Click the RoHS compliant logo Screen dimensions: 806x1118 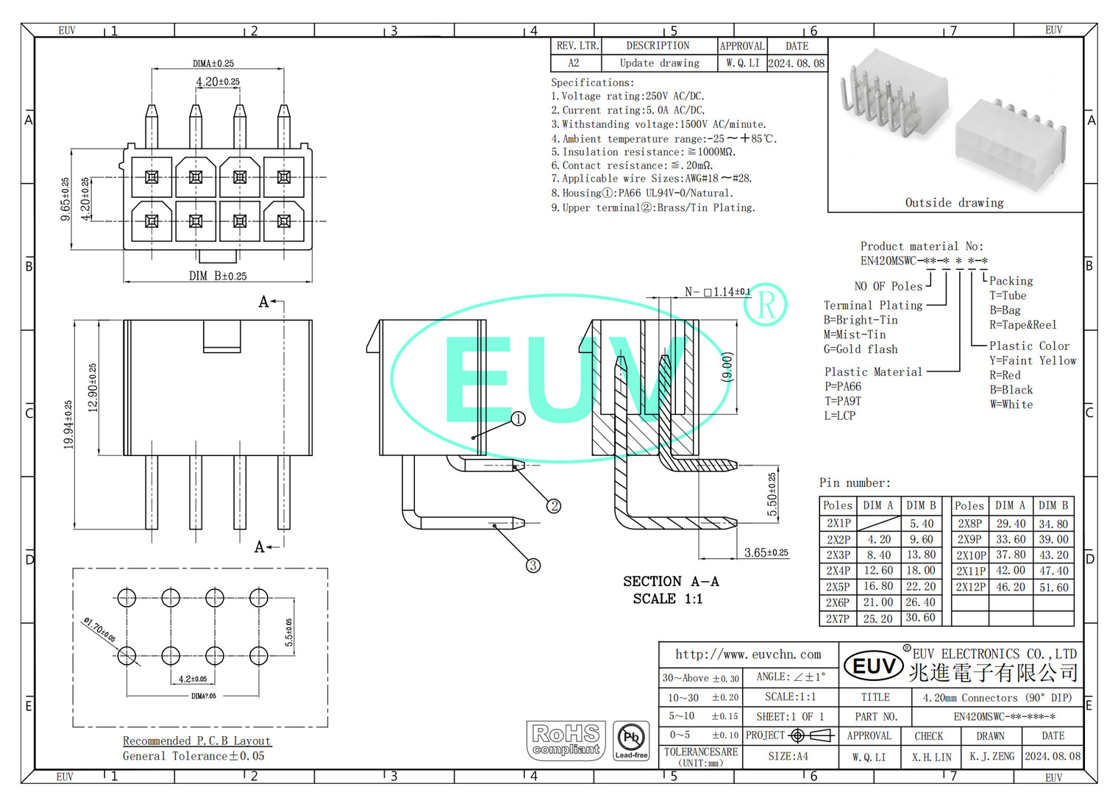(566, 740)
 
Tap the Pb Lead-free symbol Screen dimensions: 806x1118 (631, 741)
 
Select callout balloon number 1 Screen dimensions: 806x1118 (518, 418)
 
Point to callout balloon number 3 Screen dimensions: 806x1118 (533, 565)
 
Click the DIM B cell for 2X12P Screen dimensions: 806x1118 (1053, 587)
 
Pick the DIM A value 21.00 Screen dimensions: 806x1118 (878, 602)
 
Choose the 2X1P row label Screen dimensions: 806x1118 (838, 524)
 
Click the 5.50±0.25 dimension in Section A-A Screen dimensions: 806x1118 (772, 494)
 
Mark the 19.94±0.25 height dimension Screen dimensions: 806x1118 (68, 424)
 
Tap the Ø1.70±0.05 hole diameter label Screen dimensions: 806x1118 (99, 630)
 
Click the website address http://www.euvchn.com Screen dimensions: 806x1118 (748, 655)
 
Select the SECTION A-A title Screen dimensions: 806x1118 (671, 582)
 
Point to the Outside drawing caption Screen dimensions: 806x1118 (954, 203)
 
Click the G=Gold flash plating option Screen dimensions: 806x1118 (861, 349)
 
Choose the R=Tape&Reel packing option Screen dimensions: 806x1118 (1022, 325)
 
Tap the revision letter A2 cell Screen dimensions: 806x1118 (574, 63)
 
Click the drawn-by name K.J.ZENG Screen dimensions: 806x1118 (991, 756)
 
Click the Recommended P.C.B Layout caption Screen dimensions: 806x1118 (196, 741)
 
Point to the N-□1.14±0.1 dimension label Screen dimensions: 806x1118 (716, 292)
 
